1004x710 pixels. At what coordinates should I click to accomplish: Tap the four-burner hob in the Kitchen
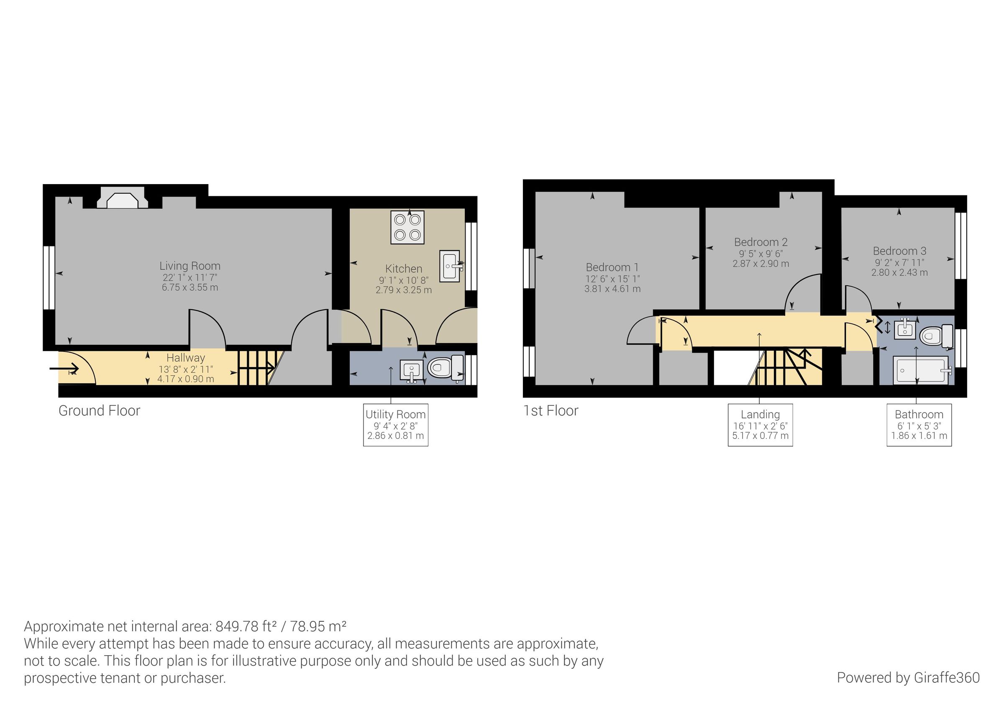tap(407, 228)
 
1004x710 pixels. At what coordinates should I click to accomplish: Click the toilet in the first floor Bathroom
tap(936, 336)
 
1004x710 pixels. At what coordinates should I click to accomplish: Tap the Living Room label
tap(190, 266)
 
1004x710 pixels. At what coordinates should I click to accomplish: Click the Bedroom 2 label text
tap(761, 242)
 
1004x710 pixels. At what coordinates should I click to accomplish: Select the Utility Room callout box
tap(395, 425)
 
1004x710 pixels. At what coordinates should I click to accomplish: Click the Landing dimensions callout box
tap(760, 425)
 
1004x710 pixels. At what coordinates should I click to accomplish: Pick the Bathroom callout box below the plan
tap(919, 425)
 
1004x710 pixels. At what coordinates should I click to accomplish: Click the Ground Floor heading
tap(99, 411)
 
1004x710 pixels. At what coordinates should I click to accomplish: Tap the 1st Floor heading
tap(551, 411)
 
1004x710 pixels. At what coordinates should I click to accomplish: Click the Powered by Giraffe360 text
tap(908, 678)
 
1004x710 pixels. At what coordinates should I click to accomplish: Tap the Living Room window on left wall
tap(49, 278)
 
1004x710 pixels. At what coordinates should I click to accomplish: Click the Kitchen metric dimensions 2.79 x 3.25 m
tap(404, 290)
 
